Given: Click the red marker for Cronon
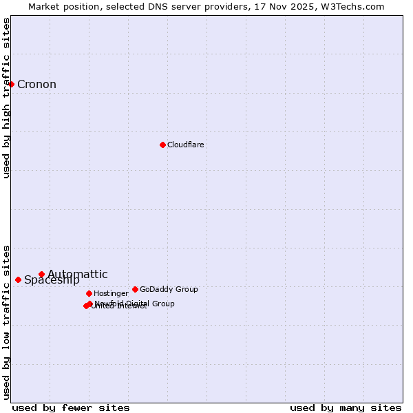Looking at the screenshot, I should click(12, 84).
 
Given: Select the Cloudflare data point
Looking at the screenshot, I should click(162, 145).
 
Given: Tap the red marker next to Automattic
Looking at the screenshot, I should click(41, 274).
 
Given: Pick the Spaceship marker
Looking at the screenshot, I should click(19, 279).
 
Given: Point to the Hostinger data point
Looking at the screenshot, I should click(89, 293).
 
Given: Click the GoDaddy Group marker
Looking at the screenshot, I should click(135, 289).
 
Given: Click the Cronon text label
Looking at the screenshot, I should click(36, 85).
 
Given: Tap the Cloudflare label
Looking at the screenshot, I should click(186, 145).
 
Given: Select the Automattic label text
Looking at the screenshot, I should click(78, 274).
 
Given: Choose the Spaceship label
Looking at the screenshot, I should click(52, 280).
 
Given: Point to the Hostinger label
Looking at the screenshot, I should click(111, 293).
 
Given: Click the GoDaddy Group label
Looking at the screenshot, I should click(169, 289).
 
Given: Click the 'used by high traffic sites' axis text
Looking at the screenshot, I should click(6, 98).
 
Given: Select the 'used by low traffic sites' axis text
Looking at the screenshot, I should click(6, 322).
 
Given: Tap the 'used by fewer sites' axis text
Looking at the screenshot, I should click(71, 407).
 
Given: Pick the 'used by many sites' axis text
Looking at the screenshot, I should click(346, 407).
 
